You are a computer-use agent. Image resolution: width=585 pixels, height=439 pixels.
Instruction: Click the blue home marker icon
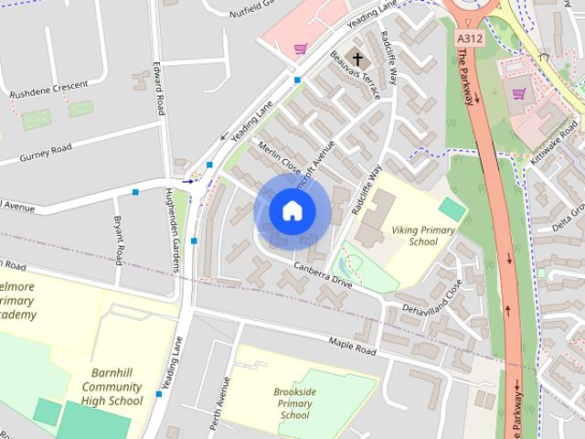point(292,210)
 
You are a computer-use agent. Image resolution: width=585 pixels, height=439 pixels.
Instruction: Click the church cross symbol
point(357,59)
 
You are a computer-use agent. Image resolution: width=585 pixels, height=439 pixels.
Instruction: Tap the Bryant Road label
point(118,239)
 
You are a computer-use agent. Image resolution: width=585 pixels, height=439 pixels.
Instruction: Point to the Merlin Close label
point(279,157)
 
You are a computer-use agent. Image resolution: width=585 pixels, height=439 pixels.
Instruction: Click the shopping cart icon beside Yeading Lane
point(300,48)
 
